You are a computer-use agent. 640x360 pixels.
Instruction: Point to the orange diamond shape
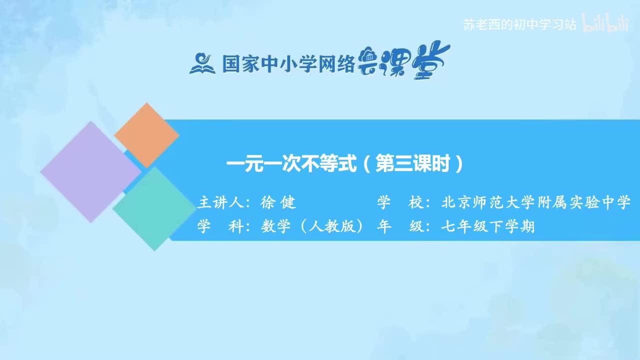point(146,135)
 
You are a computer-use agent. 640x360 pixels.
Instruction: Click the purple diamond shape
point(90,171)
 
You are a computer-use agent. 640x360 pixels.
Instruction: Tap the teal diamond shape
point(153,208)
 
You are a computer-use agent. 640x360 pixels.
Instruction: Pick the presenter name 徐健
point(278,202)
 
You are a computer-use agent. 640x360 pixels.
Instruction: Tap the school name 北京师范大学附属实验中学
point(535,202)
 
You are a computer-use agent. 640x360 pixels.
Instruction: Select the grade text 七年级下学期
point(487,226)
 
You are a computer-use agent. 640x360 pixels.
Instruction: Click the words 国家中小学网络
point(288,63)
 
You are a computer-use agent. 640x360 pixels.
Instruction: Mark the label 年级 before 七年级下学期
point(400,226)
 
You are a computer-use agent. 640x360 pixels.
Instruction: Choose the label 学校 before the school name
point(400,202)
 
